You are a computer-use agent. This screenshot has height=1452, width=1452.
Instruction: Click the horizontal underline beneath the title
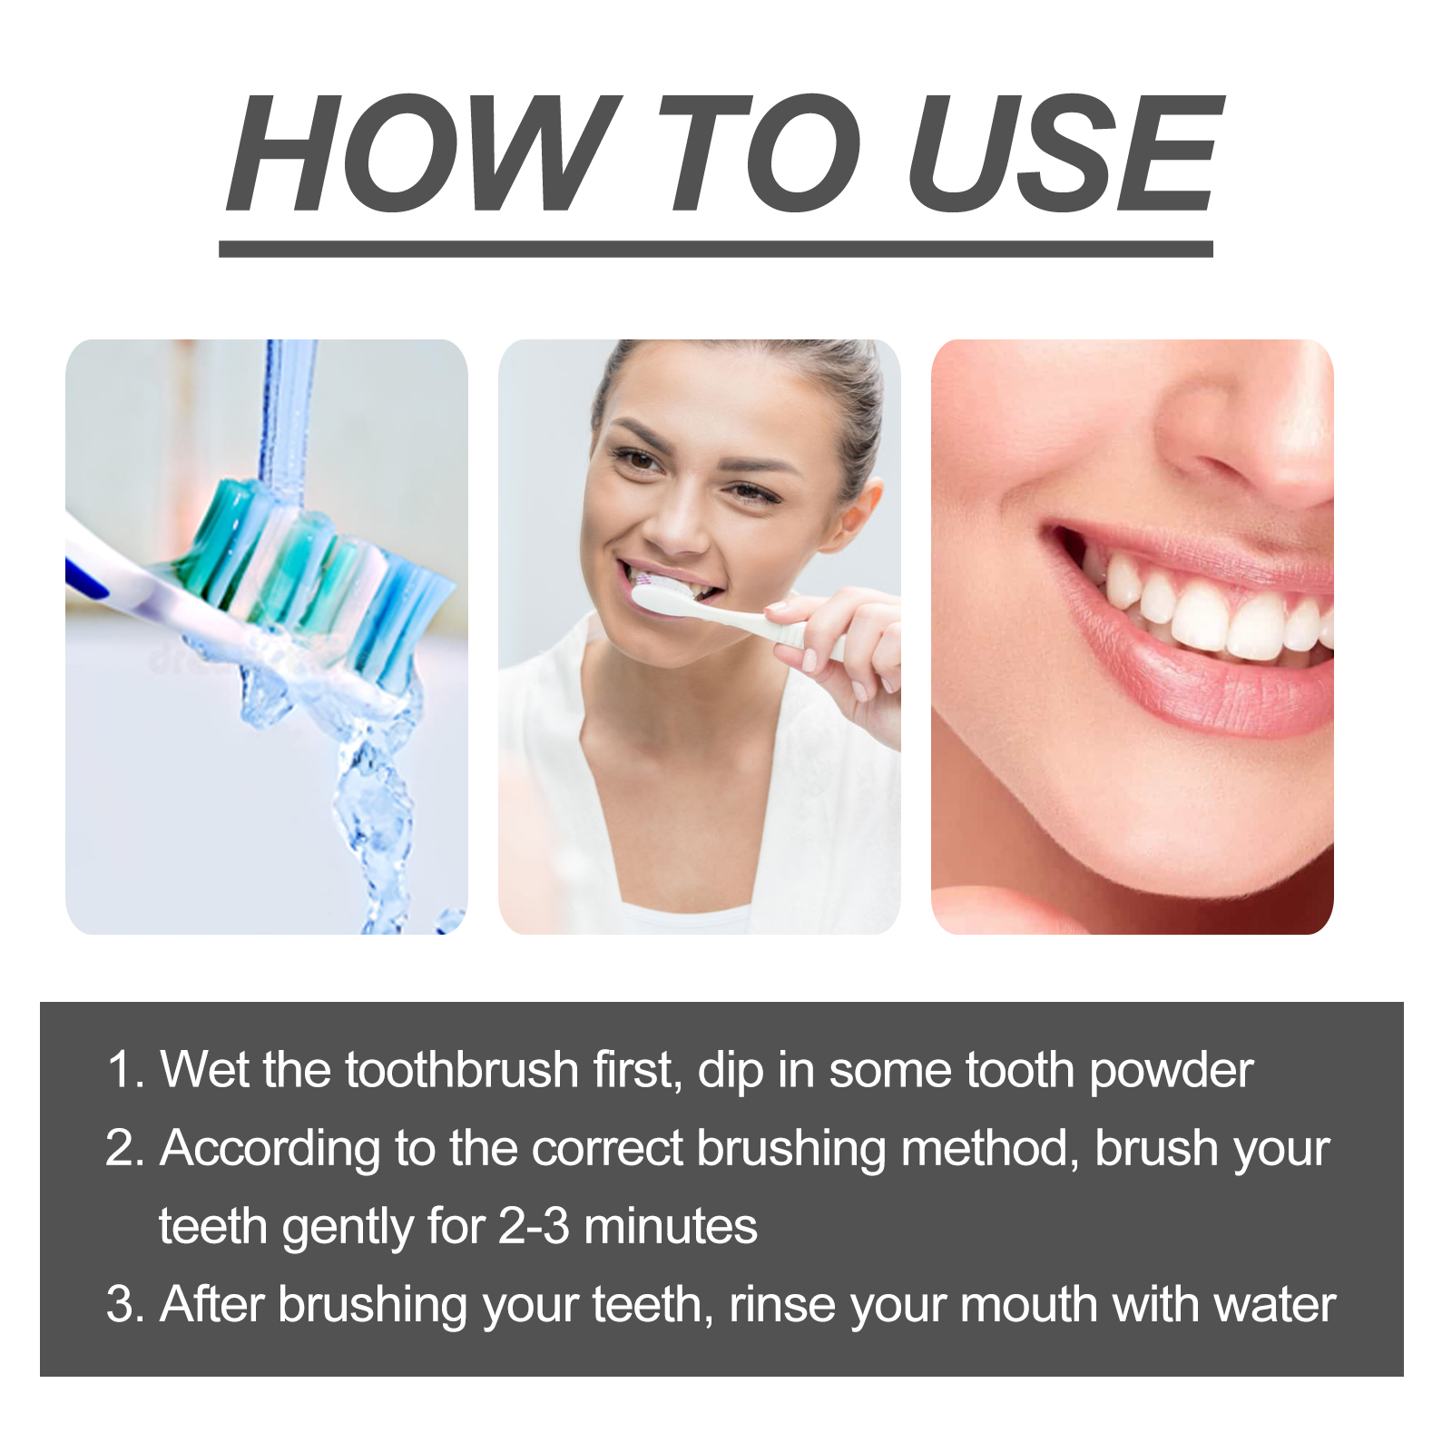tap(716, 250)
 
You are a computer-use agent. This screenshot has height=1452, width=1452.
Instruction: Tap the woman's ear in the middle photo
tap(858, 517)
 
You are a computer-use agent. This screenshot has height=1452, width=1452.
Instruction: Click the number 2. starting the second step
tap(125, 1148)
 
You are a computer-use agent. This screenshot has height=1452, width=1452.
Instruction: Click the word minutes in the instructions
tap(671, 1226)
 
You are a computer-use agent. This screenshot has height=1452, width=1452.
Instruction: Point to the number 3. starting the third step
tap(125, 1305)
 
